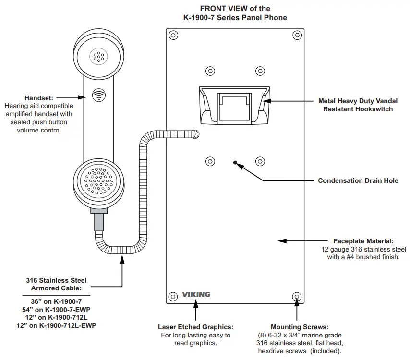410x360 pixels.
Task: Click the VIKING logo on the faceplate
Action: coord(196,294)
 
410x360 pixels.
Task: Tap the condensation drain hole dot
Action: coord(235,162)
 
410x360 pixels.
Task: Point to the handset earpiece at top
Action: coord(98,56)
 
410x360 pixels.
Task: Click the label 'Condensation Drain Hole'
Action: coord(358,181)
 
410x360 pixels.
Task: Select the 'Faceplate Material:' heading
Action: coord(363,241)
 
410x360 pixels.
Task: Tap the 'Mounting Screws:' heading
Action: coord(300,327)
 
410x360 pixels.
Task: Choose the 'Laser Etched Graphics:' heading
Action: coord(196,327)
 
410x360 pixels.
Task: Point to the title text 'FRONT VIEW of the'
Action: coord(235,8)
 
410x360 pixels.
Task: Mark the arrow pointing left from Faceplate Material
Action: coord(298,240)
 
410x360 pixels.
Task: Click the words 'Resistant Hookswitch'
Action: coord(358,109)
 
